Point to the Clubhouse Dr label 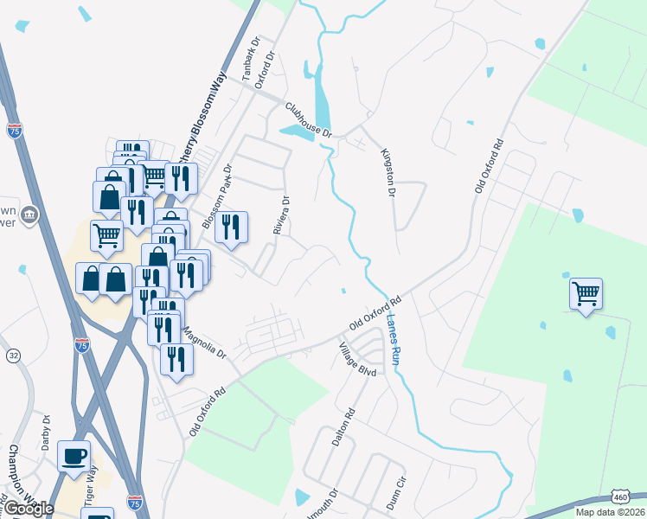pyautogui.click(x=309, y=119)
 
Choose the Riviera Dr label pyautogui.click(x=279, y=213)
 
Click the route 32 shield pyautogui.click(x=13, y=356)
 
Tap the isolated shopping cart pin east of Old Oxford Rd pyautogui.click(x=586, y=294)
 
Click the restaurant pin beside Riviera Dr pyautogui.click(x=231, y=227)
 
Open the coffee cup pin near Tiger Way pyautogui.click(x=74, y=455)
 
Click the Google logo pyautogui.click(x=29, y=509)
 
